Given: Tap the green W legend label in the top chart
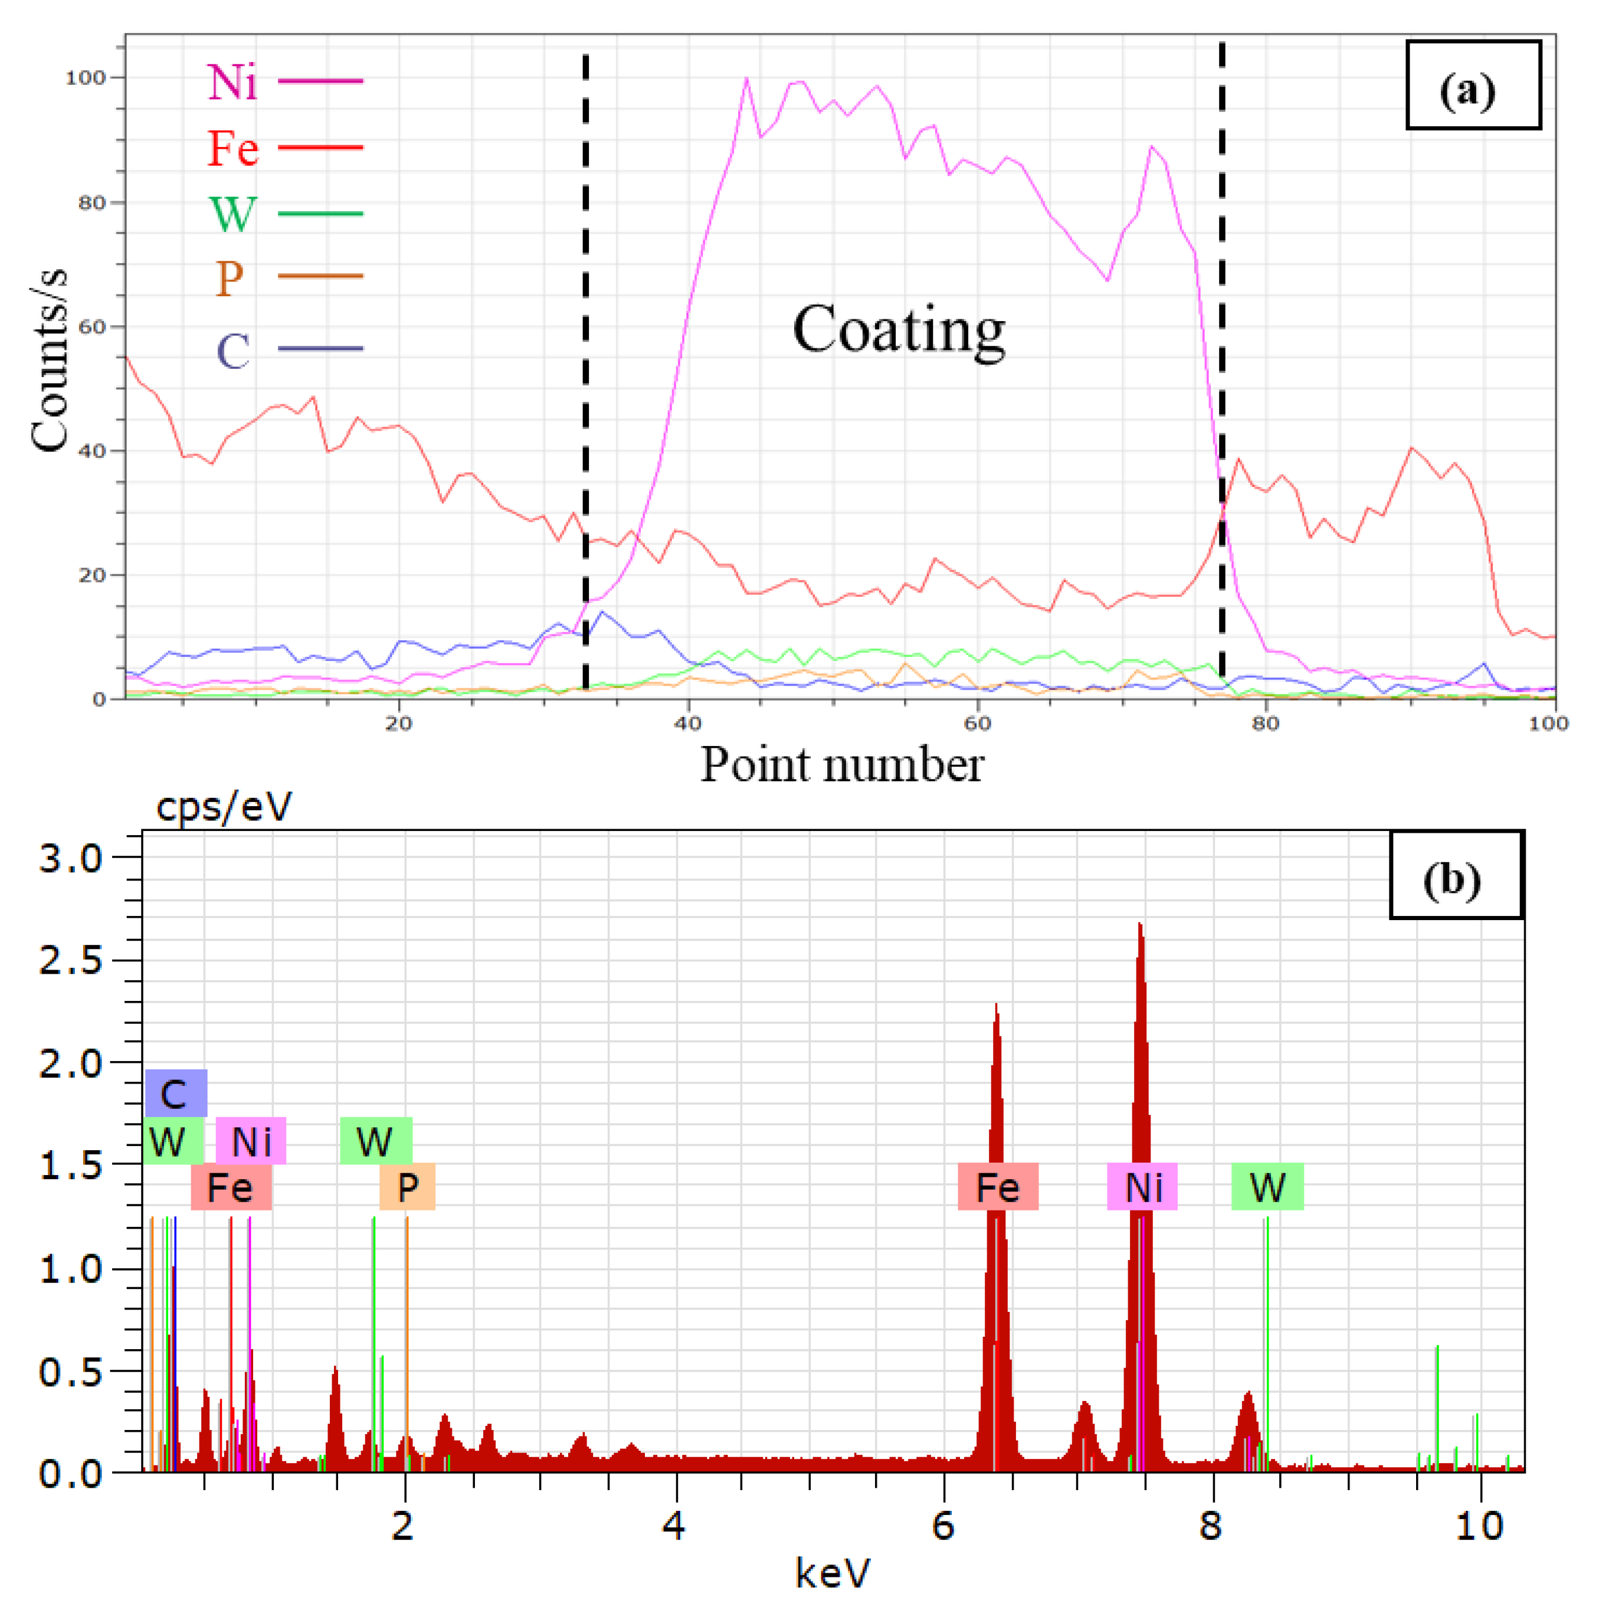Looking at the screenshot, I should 232,214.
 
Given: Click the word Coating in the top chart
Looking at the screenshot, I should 898,329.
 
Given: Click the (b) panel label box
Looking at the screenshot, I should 1456,875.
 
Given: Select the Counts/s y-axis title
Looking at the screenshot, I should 48,361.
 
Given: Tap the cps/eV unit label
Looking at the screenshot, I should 224,807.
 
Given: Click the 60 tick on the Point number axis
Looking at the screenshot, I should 977,723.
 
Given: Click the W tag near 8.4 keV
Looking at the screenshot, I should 1266,1186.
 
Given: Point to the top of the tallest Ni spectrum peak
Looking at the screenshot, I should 1139,925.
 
